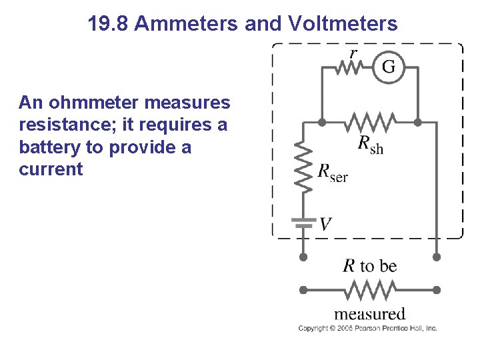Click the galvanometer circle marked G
388,67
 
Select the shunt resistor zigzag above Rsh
369,123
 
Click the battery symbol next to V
304,223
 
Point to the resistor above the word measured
369,291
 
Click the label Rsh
371,144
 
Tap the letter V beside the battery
325,224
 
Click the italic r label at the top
353,53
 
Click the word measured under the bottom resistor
369,313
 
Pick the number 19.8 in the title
108,25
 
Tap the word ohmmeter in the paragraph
93,103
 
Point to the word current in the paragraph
51,169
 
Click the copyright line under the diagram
367,328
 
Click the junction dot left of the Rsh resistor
323,123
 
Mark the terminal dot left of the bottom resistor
304,291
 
